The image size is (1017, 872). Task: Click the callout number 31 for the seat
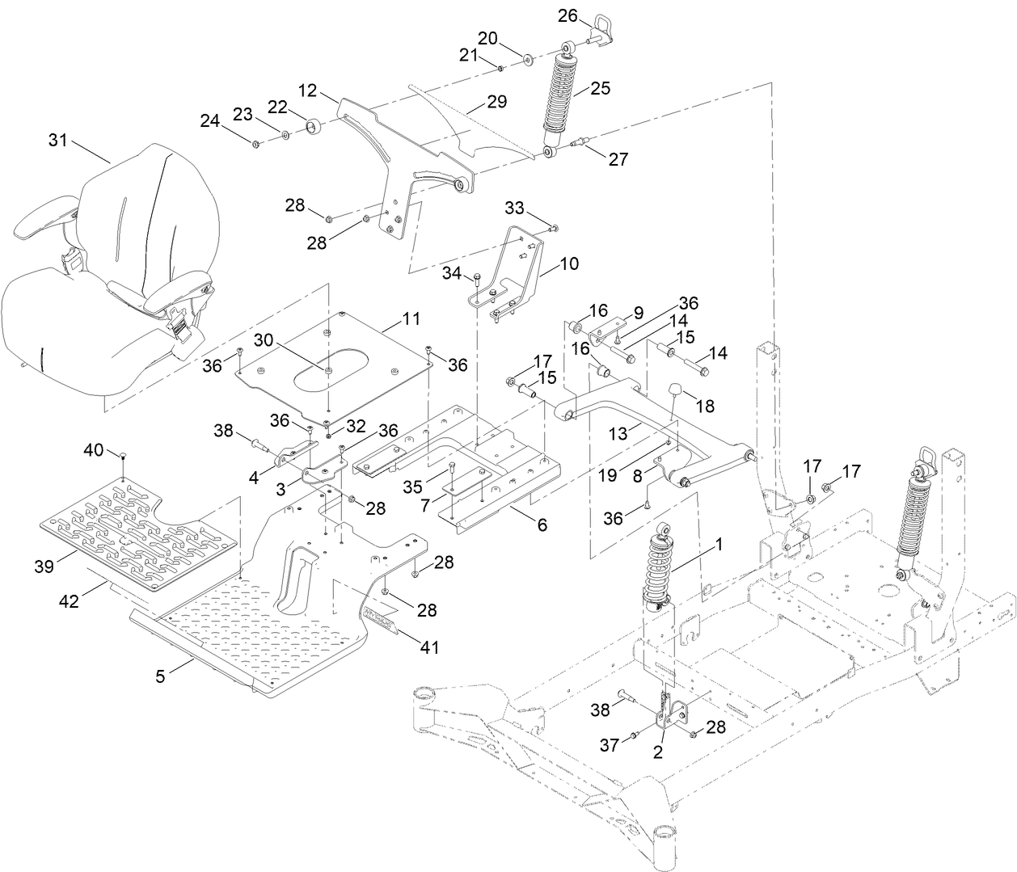pos(58,140)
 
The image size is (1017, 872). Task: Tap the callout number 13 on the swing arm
pos(618,435)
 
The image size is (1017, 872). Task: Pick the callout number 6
pos(540,525)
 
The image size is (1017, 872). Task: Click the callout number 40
pos(95,449)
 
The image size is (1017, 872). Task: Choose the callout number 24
pos(210,121)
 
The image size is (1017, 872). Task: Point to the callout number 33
pos(515,208)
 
